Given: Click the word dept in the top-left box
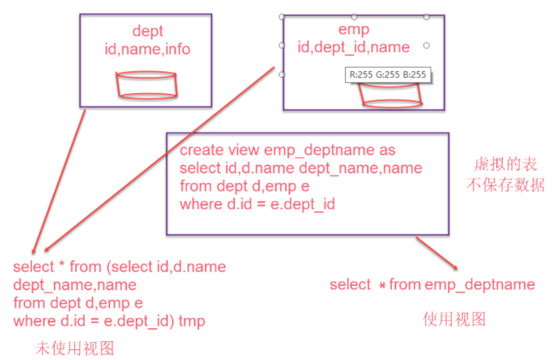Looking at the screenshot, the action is (148, 31).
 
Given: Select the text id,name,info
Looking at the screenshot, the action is (148, 50).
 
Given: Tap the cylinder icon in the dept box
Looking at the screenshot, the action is (147, 85).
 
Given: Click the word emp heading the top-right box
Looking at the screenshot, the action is (354, 29).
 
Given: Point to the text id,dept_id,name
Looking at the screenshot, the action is (354, 47).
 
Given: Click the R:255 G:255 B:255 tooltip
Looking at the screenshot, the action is (388, 74).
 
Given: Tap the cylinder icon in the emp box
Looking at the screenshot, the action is (392, 95).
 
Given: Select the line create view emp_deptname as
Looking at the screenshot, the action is (288, 150).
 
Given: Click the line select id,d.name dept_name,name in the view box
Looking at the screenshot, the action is (301, 168).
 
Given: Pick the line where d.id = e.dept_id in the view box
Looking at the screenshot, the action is (257, 204).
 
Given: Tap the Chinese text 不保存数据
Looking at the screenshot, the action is (504, 184).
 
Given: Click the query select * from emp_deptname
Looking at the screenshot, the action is (432, 285).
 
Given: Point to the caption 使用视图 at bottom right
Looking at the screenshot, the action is (454, 319).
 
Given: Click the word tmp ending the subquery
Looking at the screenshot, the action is (192, 322).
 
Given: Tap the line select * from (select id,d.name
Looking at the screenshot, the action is (119, 267).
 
